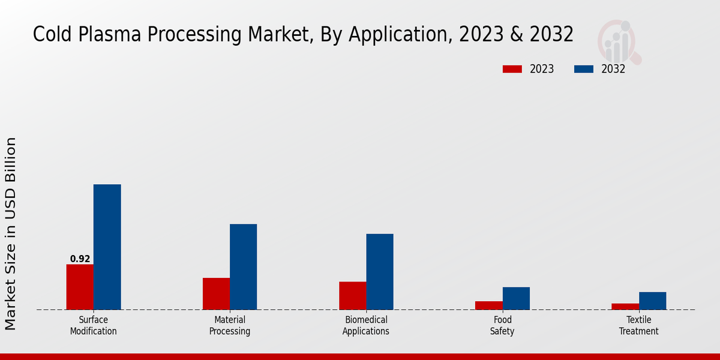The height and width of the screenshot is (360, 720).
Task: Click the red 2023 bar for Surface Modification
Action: tap(80, 287)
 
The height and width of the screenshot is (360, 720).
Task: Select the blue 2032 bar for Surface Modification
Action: tap(107, 247)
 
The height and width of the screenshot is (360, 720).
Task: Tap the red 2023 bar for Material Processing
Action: tap(216, 294)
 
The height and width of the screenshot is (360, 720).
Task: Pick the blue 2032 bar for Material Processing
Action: tap(244, 267)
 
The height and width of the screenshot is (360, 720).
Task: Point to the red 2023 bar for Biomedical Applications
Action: tap(352, 296)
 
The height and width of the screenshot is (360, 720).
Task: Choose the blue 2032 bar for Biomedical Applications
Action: tap(380, 272)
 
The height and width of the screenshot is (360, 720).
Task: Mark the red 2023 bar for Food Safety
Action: tap(488, 305)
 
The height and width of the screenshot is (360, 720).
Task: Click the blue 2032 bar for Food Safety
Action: tap(516, 298)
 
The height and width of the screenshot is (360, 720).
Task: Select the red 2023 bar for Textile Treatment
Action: tap(625, 307)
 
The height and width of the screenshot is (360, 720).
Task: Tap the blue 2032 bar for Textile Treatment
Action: tap(652, 301)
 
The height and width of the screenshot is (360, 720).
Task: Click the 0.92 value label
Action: tap(80, 259)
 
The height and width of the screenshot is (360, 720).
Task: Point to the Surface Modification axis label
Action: tap(94, 326)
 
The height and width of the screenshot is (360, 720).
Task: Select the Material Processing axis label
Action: tap(230, 326)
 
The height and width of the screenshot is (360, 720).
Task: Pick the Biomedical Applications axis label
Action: tap(366, 326)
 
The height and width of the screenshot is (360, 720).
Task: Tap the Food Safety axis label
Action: tap(502, 326)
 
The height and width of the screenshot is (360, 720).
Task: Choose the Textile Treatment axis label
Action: tap(638, 326)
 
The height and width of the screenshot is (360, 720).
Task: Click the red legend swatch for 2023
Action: tap(512, 69)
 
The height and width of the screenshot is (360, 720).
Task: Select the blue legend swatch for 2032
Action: tap(583, 69)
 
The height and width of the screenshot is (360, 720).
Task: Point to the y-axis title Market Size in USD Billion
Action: tap(11, 233)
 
